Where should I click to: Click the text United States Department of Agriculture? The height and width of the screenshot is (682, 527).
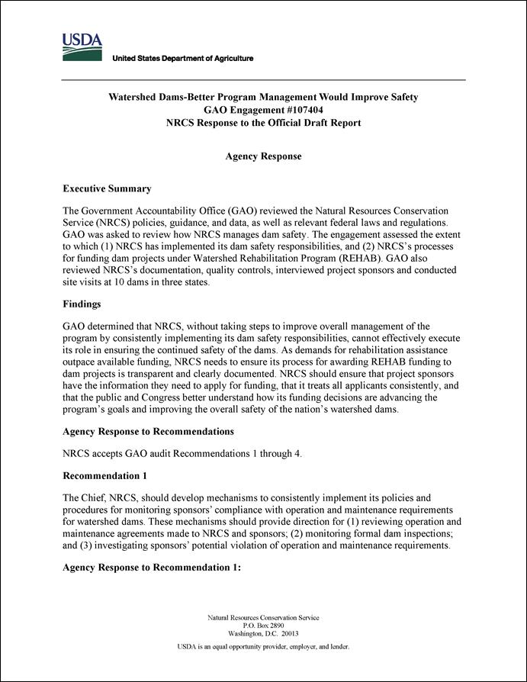(183, 59)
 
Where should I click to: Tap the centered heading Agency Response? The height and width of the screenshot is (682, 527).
(263, 156)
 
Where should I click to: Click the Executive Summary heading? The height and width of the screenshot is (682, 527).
(107, 189)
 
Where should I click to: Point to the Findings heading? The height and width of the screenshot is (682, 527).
(82, 304)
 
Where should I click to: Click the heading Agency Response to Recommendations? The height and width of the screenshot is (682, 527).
(148, 432)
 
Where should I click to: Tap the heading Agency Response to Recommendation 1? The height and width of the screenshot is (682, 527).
(152, 568)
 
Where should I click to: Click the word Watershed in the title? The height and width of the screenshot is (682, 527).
(136, 98)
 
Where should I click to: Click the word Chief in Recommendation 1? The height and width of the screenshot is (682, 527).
(100, 497)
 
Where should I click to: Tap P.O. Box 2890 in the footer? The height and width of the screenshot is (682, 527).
(263, 626)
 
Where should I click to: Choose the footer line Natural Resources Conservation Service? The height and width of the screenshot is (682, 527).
(263, 617)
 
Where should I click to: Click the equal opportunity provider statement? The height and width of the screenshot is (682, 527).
(263, 647)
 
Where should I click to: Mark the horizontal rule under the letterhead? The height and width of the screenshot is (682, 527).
(263, 80)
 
